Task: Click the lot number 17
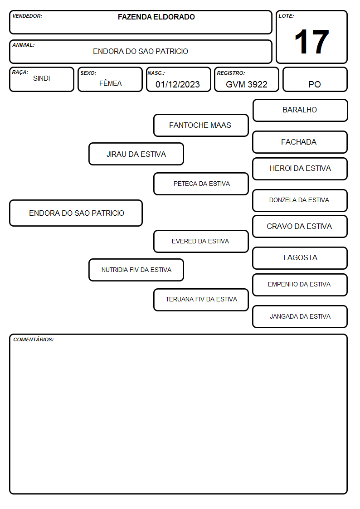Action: (x=311, y=42)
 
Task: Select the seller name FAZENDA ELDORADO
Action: (x=156, y=17)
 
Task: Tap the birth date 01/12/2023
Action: (x=178, y=84)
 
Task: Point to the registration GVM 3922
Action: (x=246, y=84)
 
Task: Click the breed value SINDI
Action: (x=42, y=78)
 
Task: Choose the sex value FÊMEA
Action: (x=110, y=83)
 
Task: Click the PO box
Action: (x=315, y=79)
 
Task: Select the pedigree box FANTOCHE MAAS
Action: (x=201, y=125)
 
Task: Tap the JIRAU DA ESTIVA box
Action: (x=136, y=154)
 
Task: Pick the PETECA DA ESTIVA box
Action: (x=201, y=184)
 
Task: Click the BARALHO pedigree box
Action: (x=300, y=111)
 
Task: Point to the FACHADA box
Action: (x=300, y=142)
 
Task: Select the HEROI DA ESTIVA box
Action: (x=300, y=169)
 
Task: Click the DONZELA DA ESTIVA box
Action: (x=300, y=200)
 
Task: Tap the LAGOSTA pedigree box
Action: (x=300, y=258)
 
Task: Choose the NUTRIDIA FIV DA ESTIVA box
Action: (x=136, y=270)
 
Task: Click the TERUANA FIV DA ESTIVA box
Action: (x=201, y=300)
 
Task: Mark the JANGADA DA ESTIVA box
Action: (x=300, y=316)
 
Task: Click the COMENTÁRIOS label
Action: (x=34, y=339)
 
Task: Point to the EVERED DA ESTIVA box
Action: (x=201, y=241)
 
